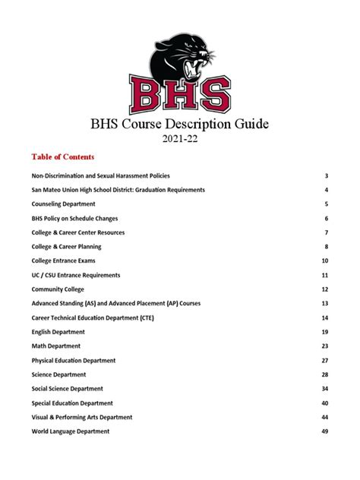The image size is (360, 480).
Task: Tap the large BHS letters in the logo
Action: (x=180, y=96)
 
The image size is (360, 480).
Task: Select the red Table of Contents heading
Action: (x=63, y=157)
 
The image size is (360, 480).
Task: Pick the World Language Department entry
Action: (x=71, y=431)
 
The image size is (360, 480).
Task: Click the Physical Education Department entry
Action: (x=74, y=360)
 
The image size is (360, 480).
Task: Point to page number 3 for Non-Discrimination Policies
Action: (x=326, y=175)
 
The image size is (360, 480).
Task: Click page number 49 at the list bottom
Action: (x=324, y=431)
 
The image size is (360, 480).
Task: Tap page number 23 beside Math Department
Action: (x=324, y=346)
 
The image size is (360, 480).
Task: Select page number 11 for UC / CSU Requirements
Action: (x=324, y=275)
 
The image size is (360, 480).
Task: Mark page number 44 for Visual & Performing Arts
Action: (x=324, y=417)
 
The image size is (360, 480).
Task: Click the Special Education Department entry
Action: (x=72, y=403)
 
